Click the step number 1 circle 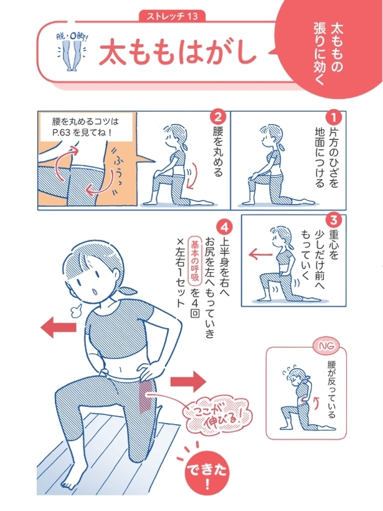click(x=334, y=117)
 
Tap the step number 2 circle click(x=217, y=117)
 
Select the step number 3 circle click(x=334, y=220)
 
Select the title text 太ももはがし click(x=177, y=52)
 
